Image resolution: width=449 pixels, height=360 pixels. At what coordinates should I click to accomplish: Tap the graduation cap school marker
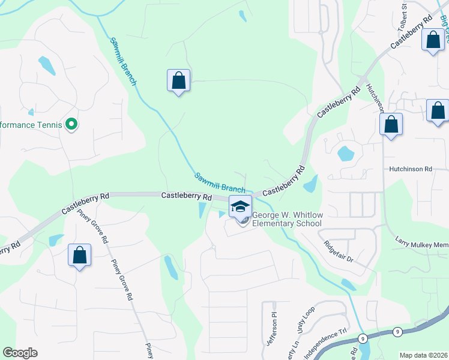(240, 207)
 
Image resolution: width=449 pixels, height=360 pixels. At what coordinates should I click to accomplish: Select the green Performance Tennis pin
(71, 125)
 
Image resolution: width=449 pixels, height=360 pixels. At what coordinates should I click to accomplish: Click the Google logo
(20, 353)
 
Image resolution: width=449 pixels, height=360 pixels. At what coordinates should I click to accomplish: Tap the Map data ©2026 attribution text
(423, 355)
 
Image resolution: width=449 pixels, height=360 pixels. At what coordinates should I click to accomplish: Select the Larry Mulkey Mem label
(421, 244)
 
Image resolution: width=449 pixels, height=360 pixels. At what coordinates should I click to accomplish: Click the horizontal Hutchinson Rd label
(410, 170)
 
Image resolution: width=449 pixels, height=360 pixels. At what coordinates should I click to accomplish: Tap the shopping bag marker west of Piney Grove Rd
(79, 256)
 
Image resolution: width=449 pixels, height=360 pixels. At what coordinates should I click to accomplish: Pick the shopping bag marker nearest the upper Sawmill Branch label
(178, 80)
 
